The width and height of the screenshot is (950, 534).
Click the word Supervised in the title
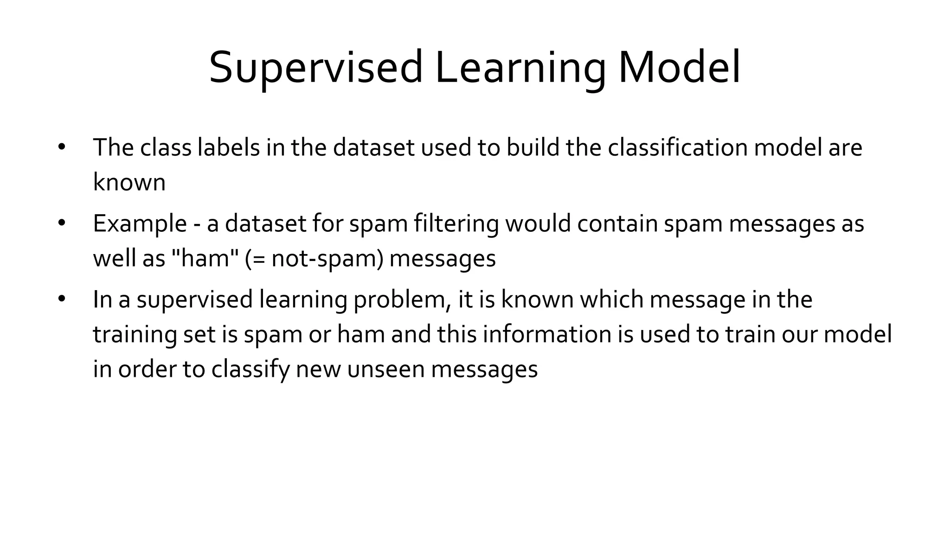point(315,68)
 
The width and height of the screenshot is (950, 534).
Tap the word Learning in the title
point(520,68)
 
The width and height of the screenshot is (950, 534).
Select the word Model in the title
point(679,68)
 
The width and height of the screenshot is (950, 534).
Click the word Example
point(140,224)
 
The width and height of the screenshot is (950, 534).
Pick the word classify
point(250,370)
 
